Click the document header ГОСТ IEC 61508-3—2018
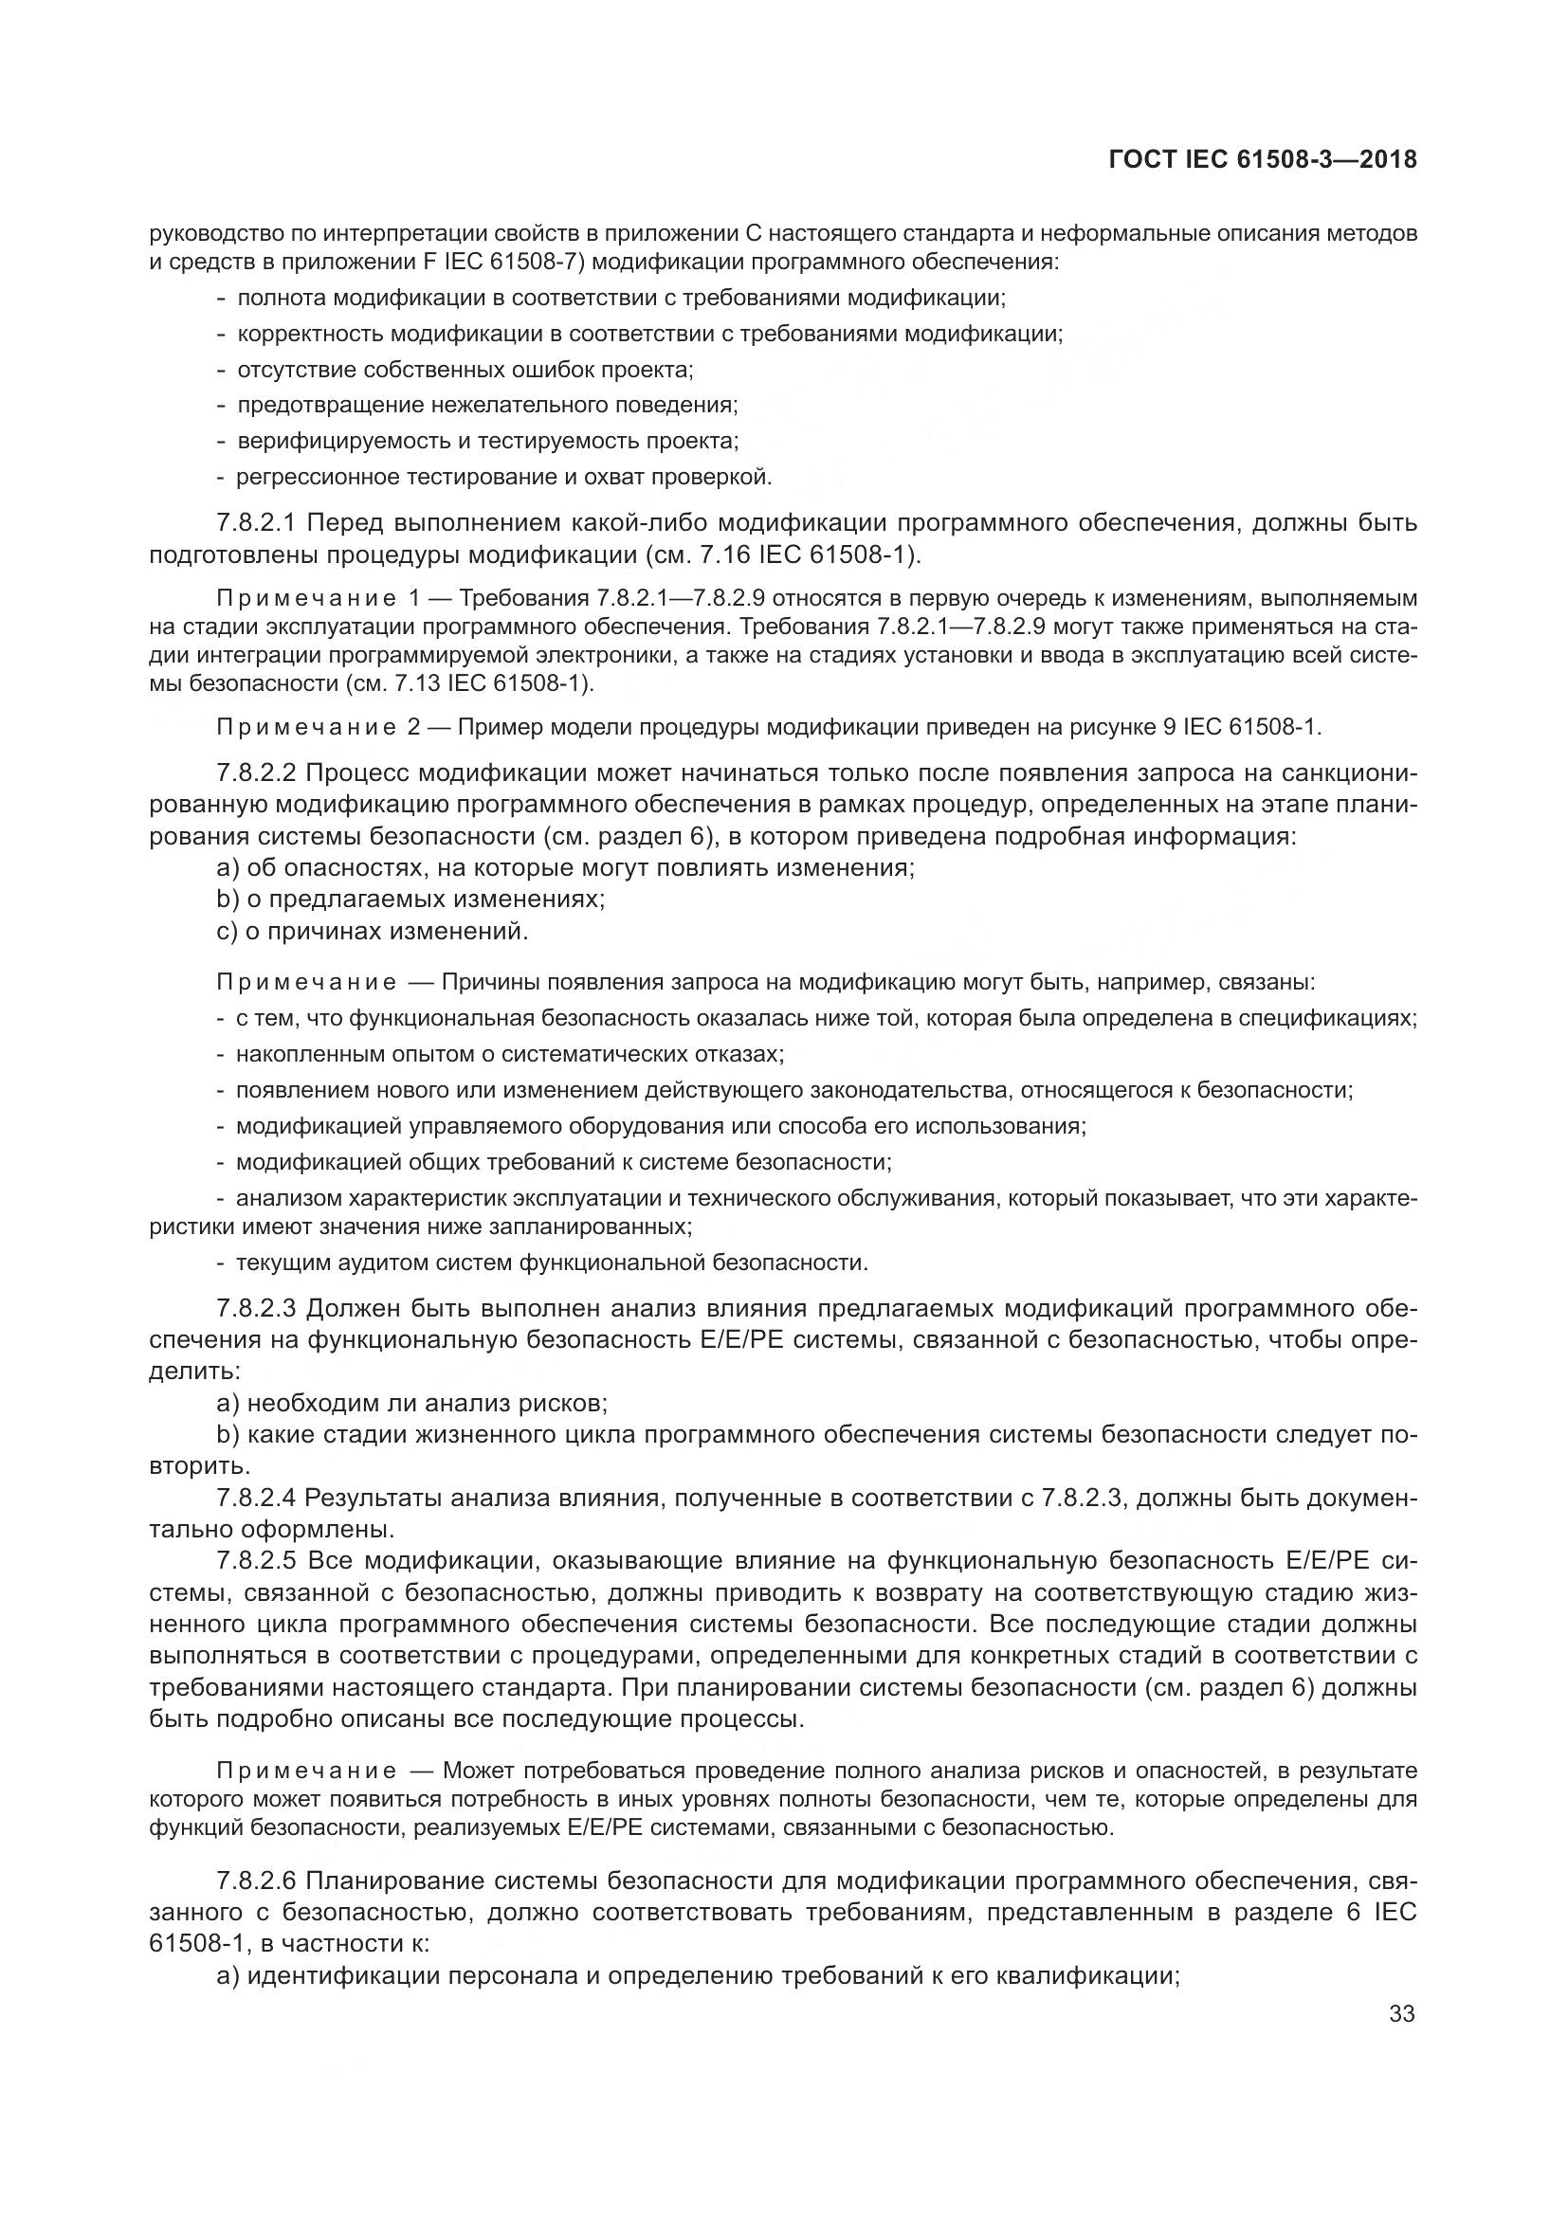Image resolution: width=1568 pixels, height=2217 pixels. coord(1263,160)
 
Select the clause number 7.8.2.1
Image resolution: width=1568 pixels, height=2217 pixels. coord(257,523)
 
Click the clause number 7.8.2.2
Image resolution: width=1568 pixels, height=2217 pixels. coord(257,773)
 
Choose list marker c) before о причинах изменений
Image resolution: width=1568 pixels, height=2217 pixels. coord(228,932)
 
